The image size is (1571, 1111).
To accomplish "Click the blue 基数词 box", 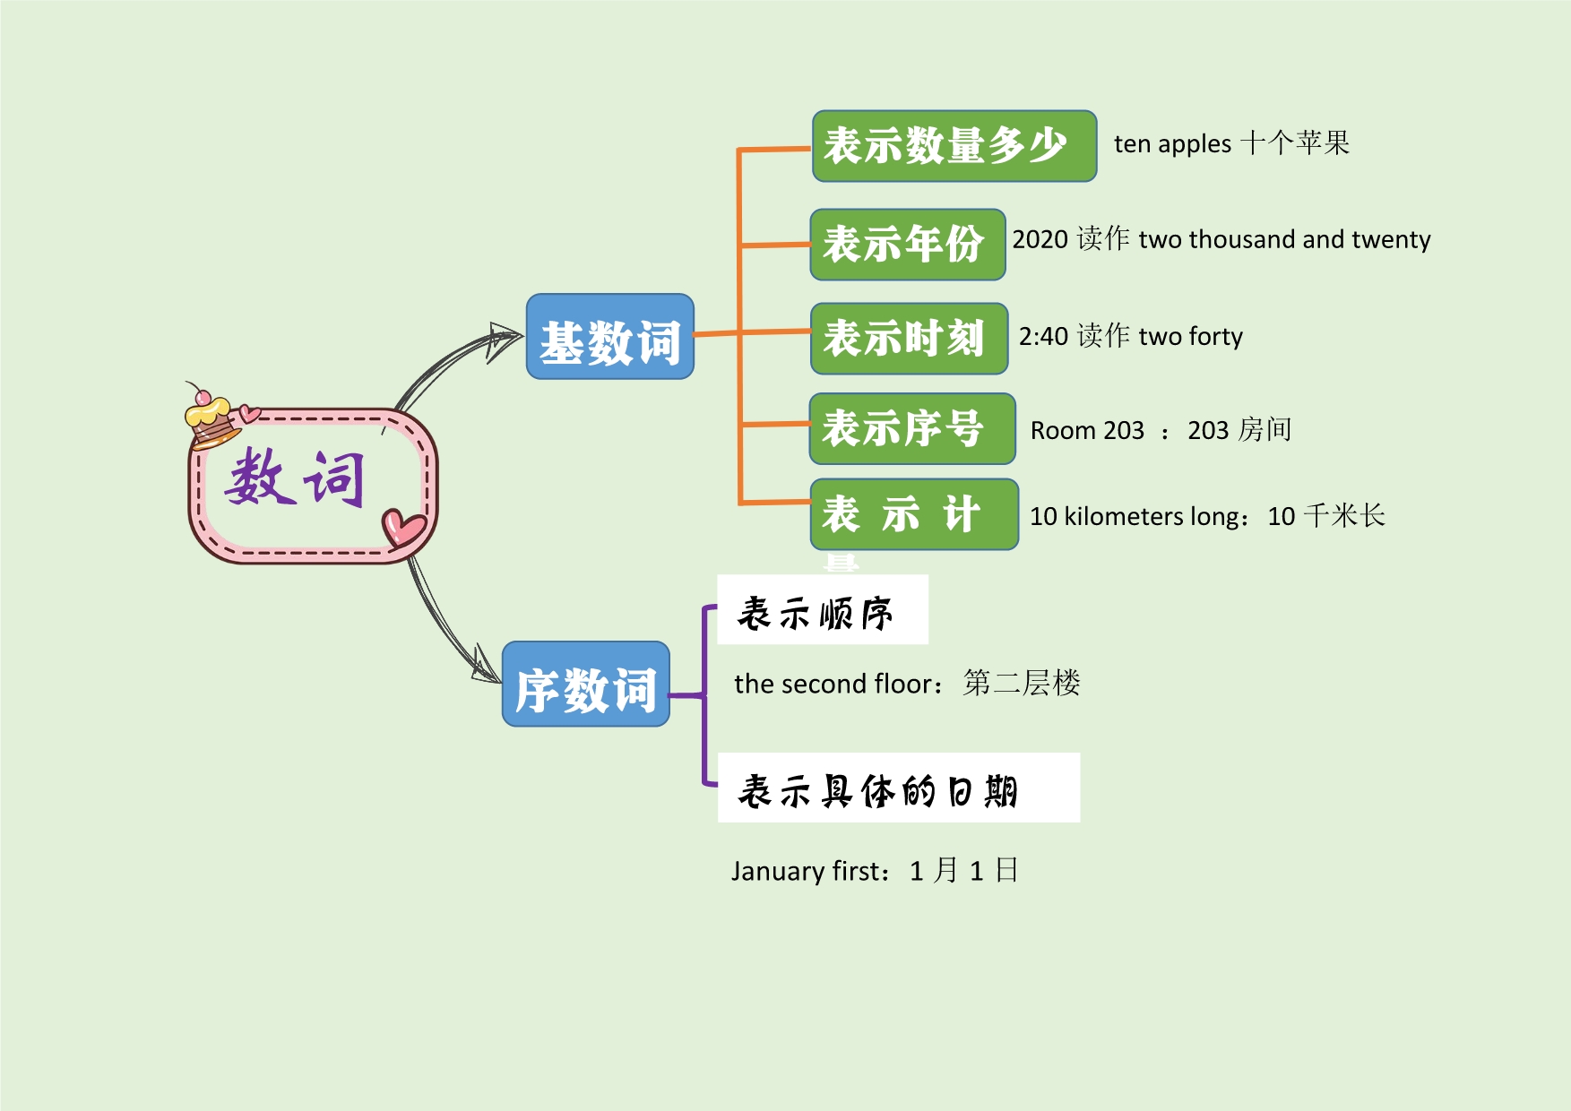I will pyautogui.click(x=609, y=337).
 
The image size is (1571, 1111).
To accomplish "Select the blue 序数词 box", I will pyautogui.click(x=585, y=684).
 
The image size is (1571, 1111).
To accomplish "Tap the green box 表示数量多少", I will pyautogui.click(x=954, y=146).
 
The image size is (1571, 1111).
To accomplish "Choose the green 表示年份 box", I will pyautogui.click(x=907, y=245).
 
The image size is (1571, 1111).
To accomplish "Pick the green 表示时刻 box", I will pyautogui.click(x=909, y=339).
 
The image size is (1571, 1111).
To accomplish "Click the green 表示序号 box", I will pyautogui.click(x=911, y=428).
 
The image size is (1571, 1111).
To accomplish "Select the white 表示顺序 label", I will pyautogui.click(x=822, y=610).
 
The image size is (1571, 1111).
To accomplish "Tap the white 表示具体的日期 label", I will pyautogui.click(x=898, y=788).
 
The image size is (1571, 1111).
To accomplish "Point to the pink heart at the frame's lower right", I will pyautogui.click(x=402, y=527).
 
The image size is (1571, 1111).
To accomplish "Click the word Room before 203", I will pyautogui.click(x=1063, y=431).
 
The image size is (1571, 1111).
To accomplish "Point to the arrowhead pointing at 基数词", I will pyautogui.click(x=504, y=340).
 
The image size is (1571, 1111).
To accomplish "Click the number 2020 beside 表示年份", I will pyautogui.click(x=1040, y=240).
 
